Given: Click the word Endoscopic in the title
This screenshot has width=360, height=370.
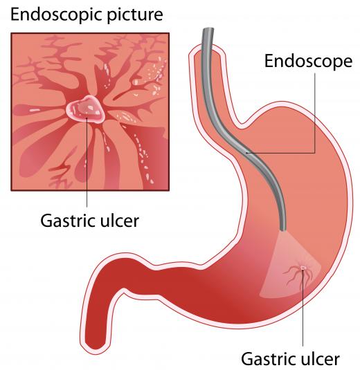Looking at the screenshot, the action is [x=56, y=15].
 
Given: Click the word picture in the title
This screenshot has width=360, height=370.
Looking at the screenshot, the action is [x=135, y=15].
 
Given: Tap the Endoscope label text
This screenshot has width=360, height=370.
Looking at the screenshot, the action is [x=308, y=62].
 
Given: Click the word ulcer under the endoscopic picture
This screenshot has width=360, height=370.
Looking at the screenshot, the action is [x=120, y=221].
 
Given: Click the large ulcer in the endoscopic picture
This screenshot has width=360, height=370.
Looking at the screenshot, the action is [x=85, y=109].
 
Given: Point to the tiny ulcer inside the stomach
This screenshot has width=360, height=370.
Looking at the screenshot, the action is [x=303, y=268].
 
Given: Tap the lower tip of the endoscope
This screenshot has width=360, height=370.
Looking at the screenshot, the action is [x=282, y=229].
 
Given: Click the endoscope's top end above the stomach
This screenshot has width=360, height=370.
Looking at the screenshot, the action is [x=208, y=29].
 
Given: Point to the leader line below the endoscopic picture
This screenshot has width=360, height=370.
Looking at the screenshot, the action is [x=87, y=163].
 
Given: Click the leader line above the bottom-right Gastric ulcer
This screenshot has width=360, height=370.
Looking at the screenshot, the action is [x=303, y=307].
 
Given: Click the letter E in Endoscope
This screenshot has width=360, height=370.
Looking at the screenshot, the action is [x=269, y=62].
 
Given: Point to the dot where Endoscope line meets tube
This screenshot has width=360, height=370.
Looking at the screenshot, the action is [x=246, y=153].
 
